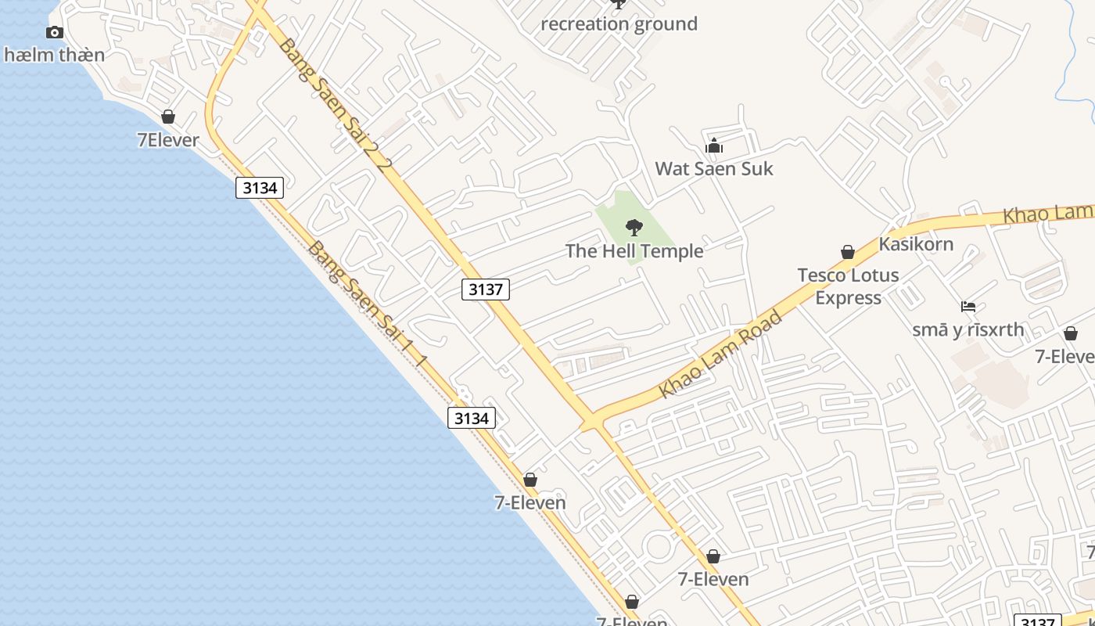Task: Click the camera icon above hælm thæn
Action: (x=54, y=32)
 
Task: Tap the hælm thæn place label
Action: (x=54, y=55)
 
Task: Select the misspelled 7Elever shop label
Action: (x=167, y=140)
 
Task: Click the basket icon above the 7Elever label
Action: (x=167, y=117)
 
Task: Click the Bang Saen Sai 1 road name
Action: (x=367, y=304)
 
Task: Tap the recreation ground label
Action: (x=619, y=24)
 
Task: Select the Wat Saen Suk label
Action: (x=713, y=168)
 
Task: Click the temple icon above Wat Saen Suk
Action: (x=713, y=146)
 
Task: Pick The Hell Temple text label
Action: (x=634, y=251)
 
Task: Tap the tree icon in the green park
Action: (x=634, y=228)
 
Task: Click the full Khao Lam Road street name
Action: (x=720, y=354)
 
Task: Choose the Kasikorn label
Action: (x=916, y=243)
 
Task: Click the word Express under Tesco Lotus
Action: (x=848, y=297)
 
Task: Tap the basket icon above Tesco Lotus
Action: (x=847, y=252)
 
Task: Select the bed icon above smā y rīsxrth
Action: (x=968, y=307)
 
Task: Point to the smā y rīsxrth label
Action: (x=968, y=329)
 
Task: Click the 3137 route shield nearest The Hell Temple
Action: (x=485, y=290)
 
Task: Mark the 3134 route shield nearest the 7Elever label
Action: (x=260, y=188)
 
